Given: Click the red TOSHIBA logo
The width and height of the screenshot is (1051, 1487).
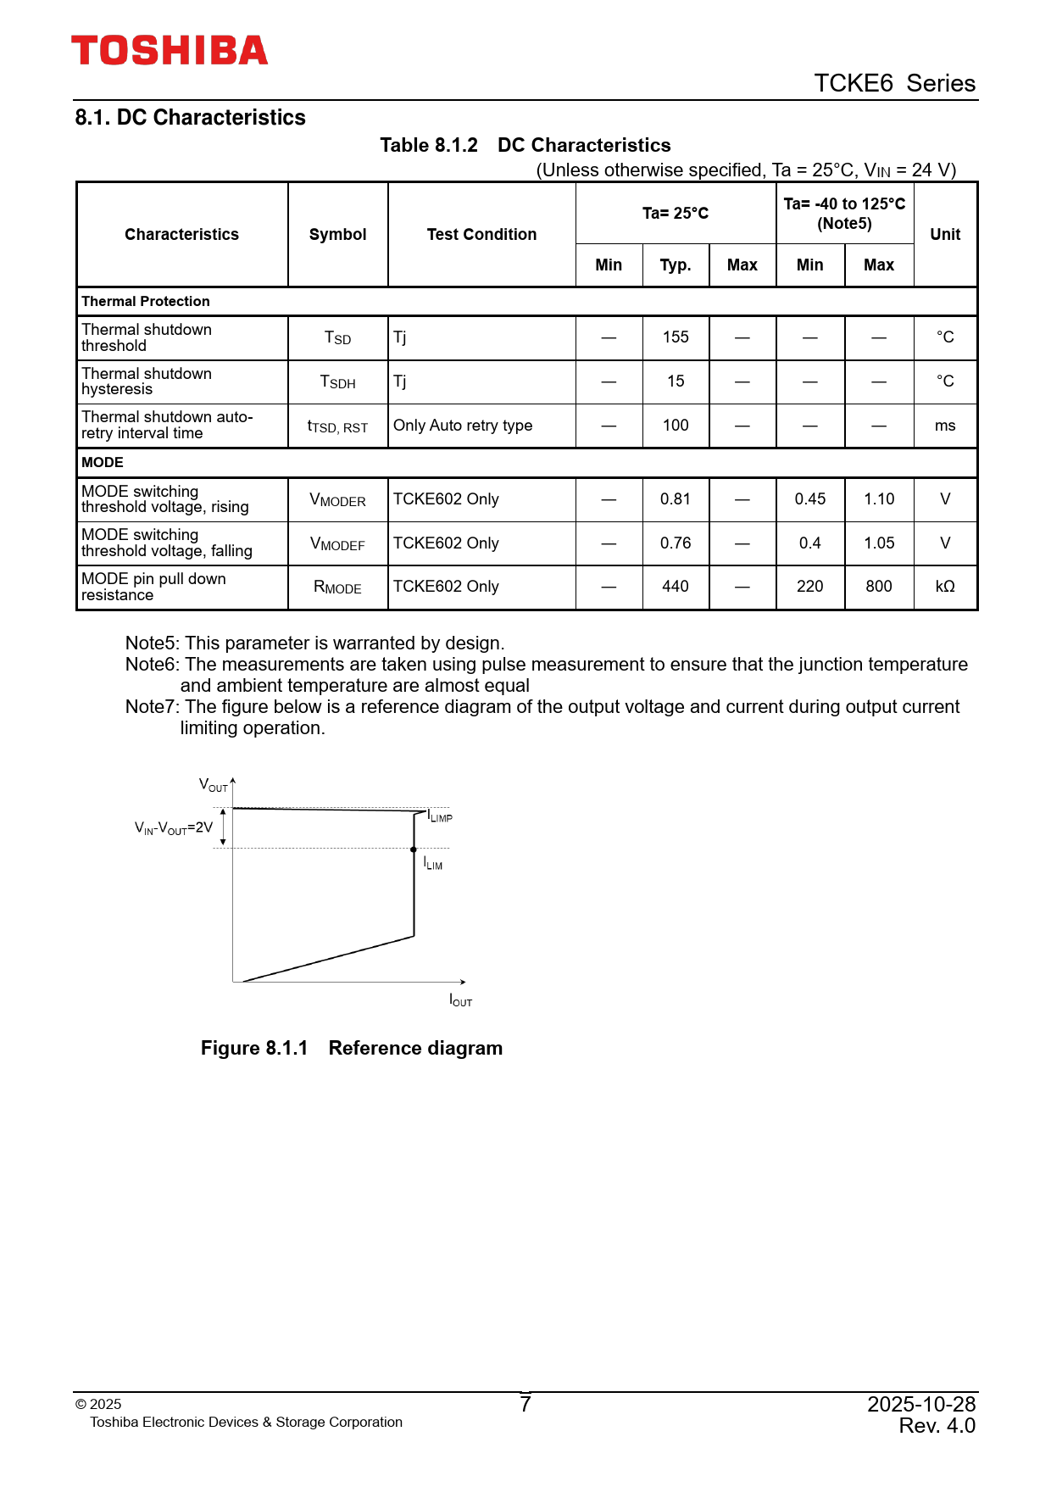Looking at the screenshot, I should [170, 51].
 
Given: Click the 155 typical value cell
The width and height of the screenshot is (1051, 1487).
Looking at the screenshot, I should [676, 337].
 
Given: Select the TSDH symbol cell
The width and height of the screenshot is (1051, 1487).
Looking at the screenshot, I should [337, 381].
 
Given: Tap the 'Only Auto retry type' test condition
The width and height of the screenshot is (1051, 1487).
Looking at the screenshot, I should [463, 426].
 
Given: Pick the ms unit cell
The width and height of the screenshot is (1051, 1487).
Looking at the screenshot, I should [945, 426].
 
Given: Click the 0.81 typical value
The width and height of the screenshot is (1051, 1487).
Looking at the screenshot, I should [676, 499].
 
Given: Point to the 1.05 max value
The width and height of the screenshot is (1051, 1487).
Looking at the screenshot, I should [879, 543].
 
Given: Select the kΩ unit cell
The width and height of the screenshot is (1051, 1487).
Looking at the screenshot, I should [945, 587].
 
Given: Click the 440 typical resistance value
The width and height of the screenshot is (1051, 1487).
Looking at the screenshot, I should [676, 587].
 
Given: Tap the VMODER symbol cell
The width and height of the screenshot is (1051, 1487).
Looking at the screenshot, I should [337, 500].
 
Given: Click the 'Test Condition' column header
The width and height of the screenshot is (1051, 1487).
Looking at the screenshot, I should [481, 235].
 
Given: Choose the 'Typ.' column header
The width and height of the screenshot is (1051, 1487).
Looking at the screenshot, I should [676, 265].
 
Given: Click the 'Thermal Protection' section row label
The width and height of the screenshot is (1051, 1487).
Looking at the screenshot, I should [146, 302].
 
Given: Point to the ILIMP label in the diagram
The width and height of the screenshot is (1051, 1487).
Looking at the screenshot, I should [440, 816].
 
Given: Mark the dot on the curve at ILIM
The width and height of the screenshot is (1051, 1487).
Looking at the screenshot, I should [414, 849].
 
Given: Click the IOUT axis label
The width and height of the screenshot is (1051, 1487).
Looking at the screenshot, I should [460, 1001].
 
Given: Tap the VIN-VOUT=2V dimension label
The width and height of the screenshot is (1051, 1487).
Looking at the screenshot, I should [174, 827].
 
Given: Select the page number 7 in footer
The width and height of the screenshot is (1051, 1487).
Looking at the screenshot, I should [525, 1405].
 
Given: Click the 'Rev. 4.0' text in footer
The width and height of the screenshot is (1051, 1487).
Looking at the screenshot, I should [937, 1426].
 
